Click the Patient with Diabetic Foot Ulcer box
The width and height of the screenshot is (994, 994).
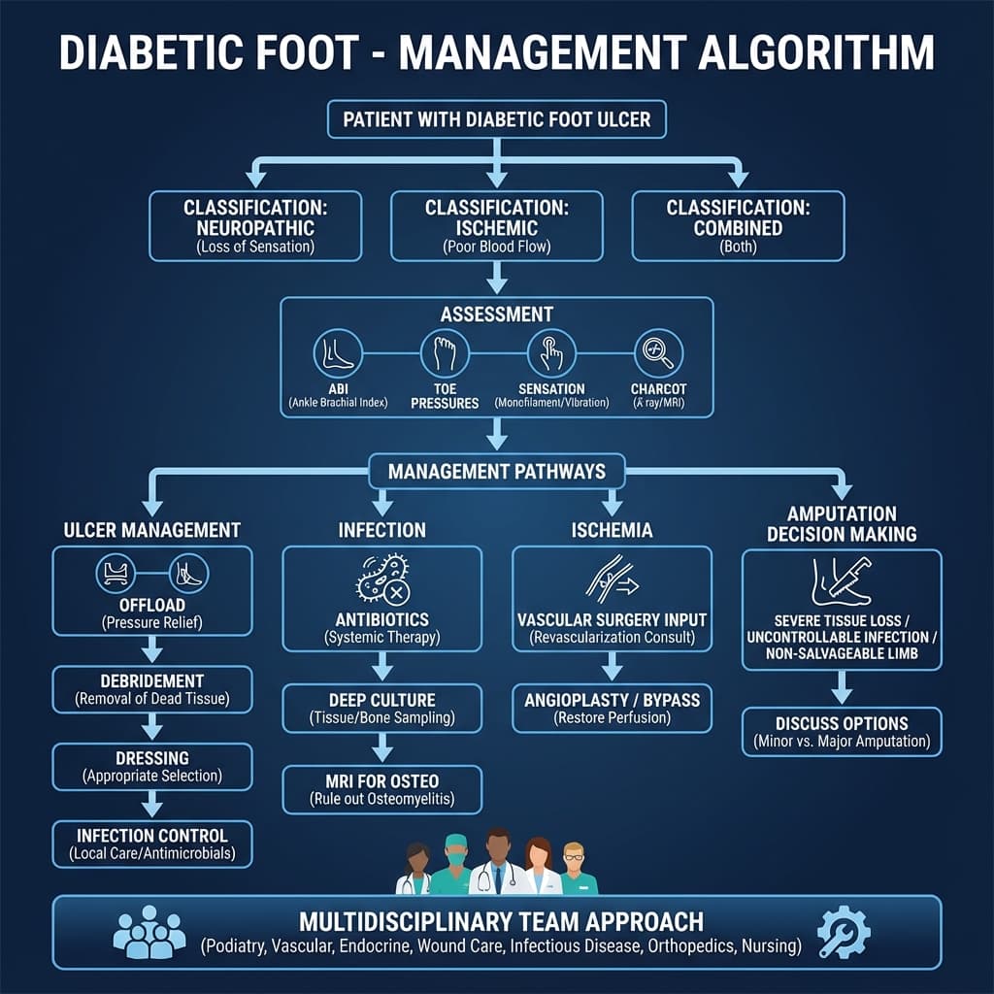496,120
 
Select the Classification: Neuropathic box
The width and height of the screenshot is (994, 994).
255,225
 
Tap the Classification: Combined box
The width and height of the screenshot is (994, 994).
738,225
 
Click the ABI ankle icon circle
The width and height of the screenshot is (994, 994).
338,354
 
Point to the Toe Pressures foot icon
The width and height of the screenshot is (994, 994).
446,354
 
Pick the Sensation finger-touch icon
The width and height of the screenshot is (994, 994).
551,354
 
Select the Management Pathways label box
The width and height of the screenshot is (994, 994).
496,472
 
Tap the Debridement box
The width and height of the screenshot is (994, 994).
151,688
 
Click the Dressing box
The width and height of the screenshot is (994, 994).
151,766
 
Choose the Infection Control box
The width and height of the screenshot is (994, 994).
151,844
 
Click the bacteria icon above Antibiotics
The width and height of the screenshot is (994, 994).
381,581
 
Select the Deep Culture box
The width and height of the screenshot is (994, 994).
381,708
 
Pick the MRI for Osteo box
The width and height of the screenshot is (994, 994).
381,789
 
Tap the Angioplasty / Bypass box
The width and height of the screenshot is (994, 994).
612,708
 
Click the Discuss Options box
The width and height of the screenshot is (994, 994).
842,732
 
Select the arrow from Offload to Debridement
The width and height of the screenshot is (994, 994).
151,650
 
